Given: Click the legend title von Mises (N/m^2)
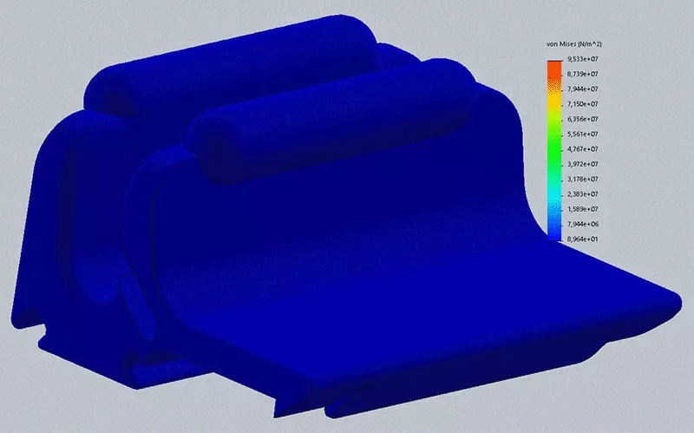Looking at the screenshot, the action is (x=574, y=44).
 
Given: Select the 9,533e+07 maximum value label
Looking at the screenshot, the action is (x=582, y=59).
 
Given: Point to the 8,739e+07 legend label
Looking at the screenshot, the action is (x=582, y=74).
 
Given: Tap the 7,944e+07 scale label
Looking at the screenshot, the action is (x=582, y=89).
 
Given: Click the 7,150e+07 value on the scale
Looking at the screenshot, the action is (x=582, y=104).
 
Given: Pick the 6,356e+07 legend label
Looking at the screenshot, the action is (x=582, y=119).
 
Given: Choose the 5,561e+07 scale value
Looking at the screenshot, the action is (x=582, y=134).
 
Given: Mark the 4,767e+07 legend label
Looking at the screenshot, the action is (x=582, y=149).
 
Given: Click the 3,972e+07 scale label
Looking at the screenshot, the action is (x=582, y=164).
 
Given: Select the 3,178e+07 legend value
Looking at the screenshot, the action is (x=582, y=180).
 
